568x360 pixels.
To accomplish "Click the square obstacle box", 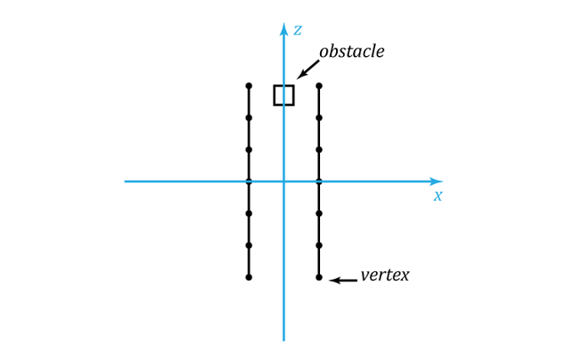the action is coord(274,95).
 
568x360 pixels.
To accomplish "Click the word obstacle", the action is coord(351,52).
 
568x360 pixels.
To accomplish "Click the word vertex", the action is coord(385,276).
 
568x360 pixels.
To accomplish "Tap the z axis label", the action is coord(298,30).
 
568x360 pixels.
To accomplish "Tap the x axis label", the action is coord(438,196).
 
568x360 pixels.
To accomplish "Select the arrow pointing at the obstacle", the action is coord(308,69).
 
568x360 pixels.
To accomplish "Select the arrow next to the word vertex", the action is coord(343,280).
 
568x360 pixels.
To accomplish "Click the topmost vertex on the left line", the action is coord(249,86).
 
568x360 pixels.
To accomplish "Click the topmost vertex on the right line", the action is coord(319,86).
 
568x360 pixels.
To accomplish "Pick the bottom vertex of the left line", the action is coord(249,277).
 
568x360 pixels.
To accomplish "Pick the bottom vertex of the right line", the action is coord(319,277).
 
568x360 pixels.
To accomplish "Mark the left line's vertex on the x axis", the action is coord(249,181).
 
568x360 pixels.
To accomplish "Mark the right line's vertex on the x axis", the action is coord(319,181).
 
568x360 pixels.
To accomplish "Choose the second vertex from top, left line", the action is coord(249,117).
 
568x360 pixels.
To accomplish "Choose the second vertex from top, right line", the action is coord(319,117).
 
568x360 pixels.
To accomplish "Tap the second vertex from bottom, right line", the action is coord(319,245).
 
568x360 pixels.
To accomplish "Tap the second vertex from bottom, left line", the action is coord(249,245).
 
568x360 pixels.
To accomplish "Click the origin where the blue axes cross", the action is coord(284,181).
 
